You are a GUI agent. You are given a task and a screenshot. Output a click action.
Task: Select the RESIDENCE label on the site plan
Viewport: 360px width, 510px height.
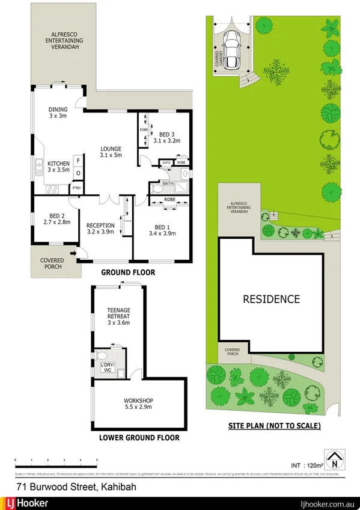[271, 299]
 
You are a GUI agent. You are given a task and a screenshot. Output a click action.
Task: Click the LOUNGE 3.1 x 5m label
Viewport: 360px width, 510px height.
[111, 152]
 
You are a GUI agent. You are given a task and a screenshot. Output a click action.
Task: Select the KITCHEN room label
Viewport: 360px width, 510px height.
[59, 167]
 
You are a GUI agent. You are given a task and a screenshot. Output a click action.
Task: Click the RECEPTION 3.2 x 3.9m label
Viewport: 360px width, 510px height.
[100, 228]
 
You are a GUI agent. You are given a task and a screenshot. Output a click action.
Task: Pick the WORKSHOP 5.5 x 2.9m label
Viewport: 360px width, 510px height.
[139, 404]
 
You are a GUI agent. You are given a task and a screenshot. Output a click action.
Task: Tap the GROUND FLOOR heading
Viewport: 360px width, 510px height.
[127, 272]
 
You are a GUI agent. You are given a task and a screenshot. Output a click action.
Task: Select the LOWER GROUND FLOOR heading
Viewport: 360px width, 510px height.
[139, 438]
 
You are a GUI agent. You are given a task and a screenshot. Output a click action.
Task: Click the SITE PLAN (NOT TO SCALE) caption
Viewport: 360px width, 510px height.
[274, 426]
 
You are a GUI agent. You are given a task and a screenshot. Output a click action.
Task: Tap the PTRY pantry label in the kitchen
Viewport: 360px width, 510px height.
[76, 189]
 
